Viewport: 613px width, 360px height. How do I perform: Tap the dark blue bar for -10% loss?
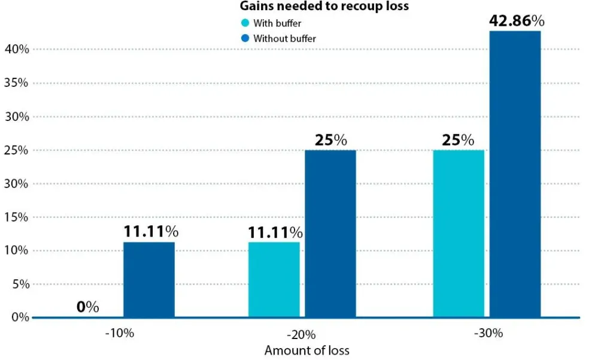(149, 279)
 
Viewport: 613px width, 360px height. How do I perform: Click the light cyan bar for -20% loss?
(274, 279)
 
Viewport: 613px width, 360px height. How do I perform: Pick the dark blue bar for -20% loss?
(330, 234)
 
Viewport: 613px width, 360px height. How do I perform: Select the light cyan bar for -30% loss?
(458, 234)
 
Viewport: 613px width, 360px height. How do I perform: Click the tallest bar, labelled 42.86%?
(515, 174)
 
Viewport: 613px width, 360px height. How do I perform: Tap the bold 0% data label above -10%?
(88, 307)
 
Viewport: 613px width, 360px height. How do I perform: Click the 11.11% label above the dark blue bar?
(151, 231)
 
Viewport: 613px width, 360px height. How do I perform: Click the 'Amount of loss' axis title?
(306, 350)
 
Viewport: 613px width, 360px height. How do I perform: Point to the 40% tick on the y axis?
(16, 49)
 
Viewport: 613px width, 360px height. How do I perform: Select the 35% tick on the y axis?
(16, 83)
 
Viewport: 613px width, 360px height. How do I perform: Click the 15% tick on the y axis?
(16, 217)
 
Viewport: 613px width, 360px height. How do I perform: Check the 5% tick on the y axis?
(19, 284)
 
